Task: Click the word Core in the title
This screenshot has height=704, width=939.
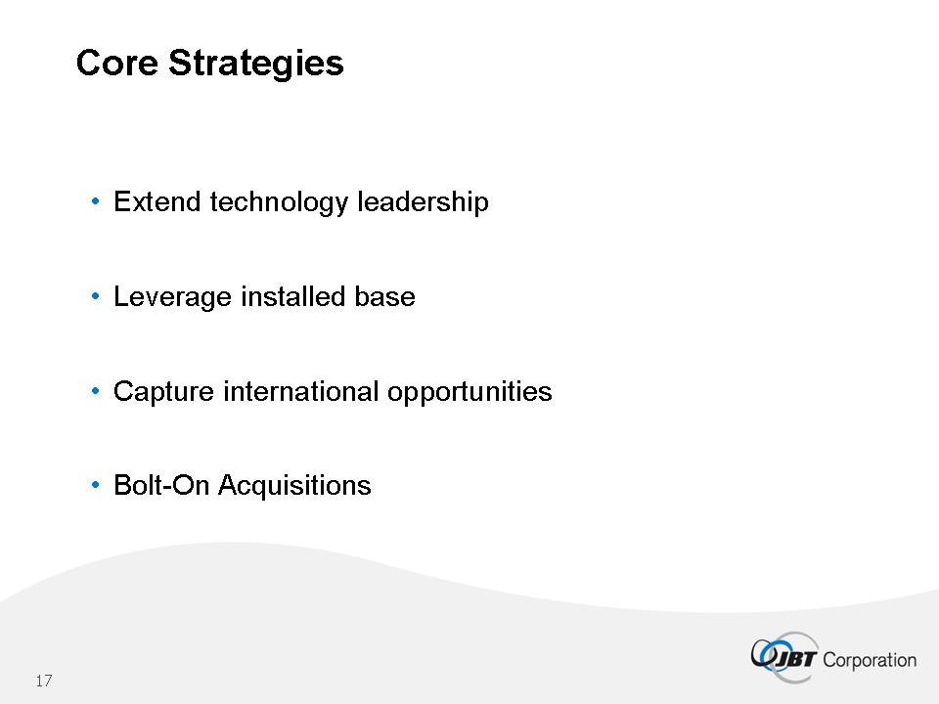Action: click(x=117, y=63)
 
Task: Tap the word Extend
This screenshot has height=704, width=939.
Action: click(x=156, y=201)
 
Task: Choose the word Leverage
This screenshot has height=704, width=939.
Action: click(x=172, y=297)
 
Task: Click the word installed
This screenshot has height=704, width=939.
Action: click(x=292, y=296)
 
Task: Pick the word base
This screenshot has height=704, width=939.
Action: click(x=384, y=296)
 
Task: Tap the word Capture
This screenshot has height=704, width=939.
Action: click(x=163, y=392)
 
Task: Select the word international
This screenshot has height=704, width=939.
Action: click(x=300, y=391)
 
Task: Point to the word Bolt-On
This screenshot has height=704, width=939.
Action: click(x=161, y=485)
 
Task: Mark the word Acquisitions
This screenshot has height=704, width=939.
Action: click(x=294, y=486)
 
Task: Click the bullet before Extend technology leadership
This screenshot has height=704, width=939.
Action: click(x=95, y=201)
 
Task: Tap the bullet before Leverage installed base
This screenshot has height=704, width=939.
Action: click(x=95, y=296)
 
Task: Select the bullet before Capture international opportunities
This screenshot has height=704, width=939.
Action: click(x=95, y=391)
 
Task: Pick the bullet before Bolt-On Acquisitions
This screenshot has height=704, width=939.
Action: click(x=95, y=486)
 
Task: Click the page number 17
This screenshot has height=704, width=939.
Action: click(x=44, y=681)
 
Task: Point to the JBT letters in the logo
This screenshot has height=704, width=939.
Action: click(x=793, y=659)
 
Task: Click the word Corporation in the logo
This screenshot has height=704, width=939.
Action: click(x=870, y=660)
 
